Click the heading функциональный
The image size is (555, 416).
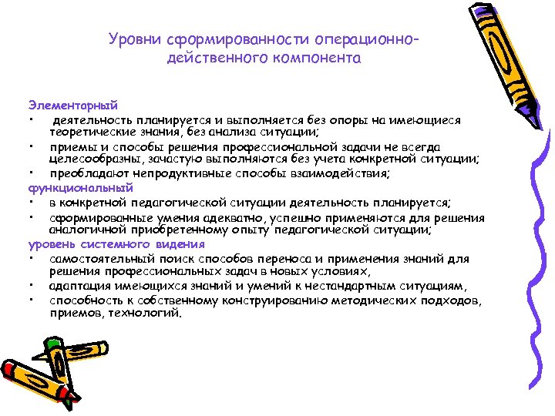(70, 187)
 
